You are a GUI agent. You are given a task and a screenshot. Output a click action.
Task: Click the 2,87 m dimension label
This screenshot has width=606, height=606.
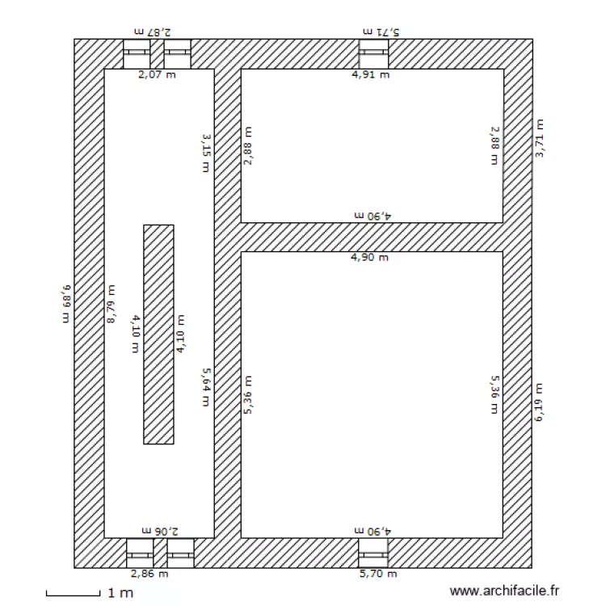tap(153, 31)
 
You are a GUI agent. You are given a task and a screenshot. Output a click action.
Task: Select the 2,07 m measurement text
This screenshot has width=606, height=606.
tap(157, 75)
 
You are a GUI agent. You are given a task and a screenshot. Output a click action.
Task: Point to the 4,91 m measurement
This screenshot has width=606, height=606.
tap(369, 75)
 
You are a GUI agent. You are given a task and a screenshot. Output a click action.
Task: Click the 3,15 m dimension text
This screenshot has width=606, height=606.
tap(206, 152)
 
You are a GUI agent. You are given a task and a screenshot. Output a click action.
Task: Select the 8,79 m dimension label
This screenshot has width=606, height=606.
tap(112, 304)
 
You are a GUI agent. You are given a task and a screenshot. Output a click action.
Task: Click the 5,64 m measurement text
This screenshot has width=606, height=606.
tap(206, 386)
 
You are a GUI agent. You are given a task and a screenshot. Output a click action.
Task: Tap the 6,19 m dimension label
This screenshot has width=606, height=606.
tap(540, 402)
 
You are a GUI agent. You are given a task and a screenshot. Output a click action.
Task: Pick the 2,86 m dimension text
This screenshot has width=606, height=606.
tap(151, 574)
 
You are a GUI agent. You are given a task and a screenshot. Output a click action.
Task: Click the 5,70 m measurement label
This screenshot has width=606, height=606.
tap(378, 574)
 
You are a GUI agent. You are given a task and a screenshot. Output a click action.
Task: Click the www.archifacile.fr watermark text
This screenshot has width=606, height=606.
tap(504, 591)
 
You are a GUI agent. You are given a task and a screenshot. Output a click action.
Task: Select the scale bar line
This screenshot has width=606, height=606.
tap(73, 595)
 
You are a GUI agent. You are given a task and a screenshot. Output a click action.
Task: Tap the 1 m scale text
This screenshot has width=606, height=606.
tap(120, 593)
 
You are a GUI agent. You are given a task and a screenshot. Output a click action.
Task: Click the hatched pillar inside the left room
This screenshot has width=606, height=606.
tap(158, 334)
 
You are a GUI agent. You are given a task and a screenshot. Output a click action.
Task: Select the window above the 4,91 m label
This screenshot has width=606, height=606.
tap(374, 54)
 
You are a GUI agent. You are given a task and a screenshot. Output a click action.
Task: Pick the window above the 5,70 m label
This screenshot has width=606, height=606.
tap(373, 553)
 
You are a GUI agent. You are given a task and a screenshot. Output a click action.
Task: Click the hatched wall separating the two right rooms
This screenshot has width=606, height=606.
tap(372, 237)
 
